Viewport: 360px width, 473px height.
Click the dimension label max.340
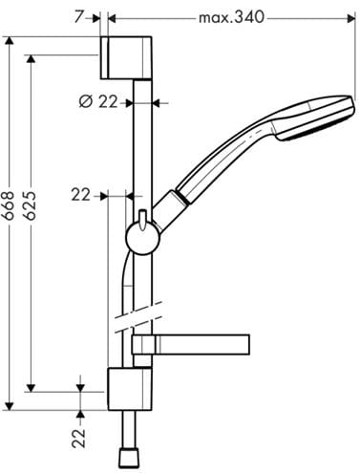[x=231, y=17]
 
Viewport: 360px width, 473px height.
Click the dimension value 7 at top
[x=78, y=17]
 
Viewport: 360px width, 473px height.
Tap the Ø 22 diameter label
[x=98, y=102]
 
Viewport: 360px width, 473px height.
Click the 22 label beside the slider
[x=81, y=195]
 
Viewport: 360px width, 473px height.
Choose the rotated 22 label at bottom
[x=79, y=439]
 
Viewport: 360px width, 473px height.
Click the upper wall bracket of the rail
[x=126, y=57]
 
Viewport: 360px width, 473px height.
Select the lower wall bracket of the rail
[x=130, y=389]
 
